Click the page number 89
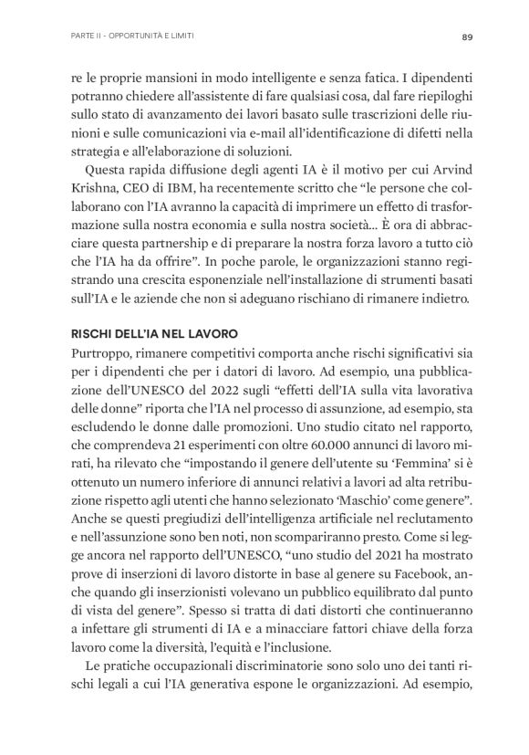click(x=465, y=37)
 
